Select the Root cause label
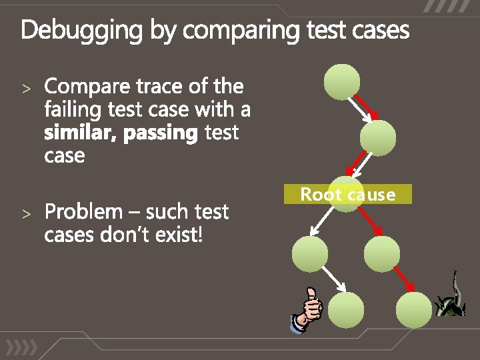(x=347, y=195)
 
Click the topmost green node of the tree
(x=341, y=81)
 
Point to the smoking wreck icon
(x=450, y=297)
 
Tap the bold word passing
(x=161, y=133)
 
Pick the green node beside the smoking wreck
(x=413, y=309)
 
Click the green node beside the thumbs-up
(x=347, y=309)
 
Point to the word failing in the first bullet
(x=73, y=109)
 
